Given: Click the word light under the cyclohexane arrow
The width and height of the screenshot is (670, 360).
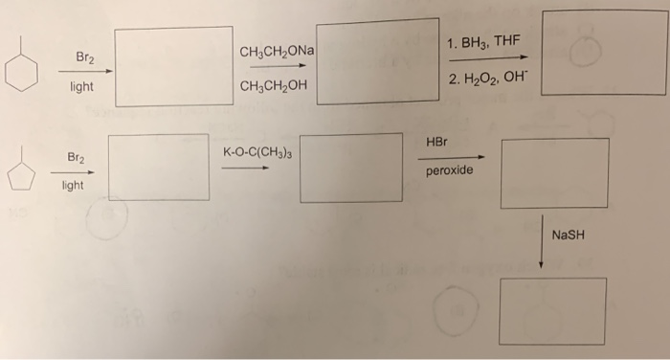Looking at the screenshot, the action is click(80, 87).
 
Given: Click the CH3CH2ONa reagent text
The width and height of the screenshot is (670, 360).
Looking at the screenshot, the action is click(279, 51).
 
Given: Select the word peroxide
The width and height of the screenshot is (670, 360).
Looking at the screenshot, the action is click(448, 172).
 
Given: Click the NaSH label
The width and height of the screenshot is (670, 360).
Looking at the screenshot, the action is click(568, 236).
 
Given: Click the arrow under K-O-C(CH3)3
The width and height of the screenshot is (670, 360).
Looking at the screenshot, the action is click(245, 168).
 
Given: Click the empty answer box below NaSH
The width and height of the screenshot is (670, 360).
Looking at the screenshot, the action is click(552, 310).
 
